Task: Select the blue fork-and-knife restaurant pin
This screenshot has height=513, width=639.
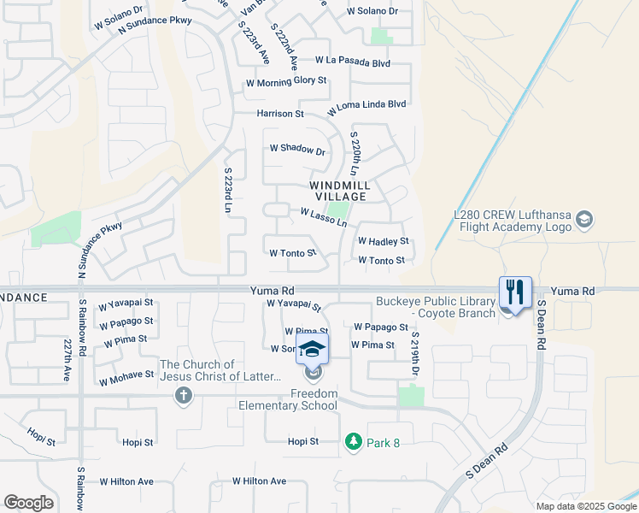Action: [x=515, y=292]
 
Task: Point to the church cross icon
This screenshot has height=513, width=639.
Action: [x=181, y=395]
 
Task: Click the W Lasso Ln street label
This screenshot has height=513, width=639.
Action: [x=323, y=217]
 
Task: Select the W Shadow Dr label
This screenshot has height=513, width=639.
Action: [x=297, y=150]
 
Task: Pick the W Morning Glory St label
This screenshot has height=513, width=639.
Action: [x=286, y=82]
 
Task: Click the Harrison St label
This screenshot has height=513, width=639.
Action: [x=280, y=114]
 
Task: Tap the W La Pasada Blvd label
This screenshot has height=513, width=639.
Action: [x=352, y=62]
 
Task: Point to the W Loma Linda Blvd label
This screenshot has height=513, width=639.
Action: [x=366, y=109]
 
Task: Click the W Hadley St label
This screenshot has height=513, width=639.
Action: [x=383, y=242]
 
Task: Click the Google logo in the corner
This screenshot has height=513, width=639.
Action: [x=29, y=503]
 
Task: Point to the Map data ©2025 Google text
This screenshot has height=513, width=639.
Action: [x=586, y=506]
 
